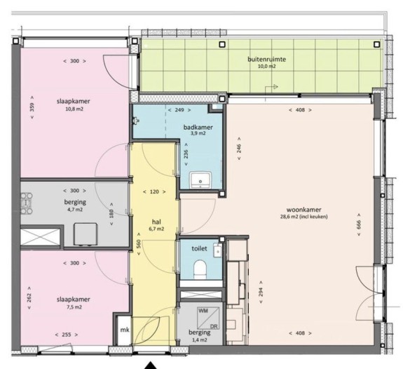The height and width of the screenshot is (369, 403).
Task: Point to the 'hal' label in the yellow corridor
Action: pyautogui.click(x=157, y=220)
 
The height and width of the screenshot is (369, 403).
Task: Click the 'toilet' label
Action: pyautogui.click(x=200, y=248)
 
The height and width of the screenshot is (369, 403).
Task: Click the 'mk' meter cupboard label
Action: pyautogui.click(x=124, y=330)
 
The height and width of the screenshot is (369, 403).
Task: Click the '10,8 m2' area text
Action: pyautogui.click(x=74, y=110)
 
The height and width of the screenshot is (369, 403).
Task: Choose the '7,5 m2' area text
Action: pyautogui.click(x=74, y=307)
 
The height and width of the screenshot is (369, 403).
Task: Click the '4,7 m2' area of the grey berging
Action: pyautogui.click(x=74, y=209)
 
